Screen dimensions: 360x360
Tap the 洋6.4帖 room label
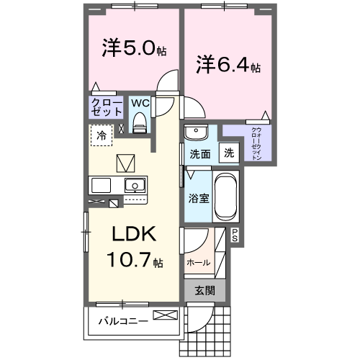pyautogui.click(x=228, y=66)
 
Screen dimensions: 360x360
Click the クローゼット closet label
pyautogui.click(x=105, y=108)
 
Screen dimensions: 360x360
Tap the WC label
pyautogui.click(x=140, y=103)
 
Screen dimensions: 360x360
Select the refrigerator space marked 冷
pyautogui.click(x=102, y=135)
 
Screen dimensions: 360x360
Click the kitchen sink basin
pyautogui.click(x=135, y=185)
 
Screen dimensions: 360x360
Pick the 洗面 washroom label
pyautogui.click(x=199, y=153)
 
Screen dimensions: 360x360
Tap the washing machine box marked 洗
pyautogui.click(x=228, y=153)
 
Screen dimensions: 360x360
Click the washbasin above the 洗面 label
pyautogui.click(x=195, y=132)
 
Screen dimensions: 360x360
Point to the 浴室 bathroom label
pyautogui.click(x=199, y=197)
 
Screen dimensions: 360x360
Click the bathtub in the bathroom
pyautogui.click(x=226, y=196)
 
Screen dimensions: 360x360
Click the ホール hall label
pyautogui.click(x=199, y=263)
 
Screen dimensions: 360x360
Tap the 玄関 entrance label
pyautogui.click(x=204, y=291)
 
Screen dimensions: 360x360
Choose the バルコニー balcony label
pyautogui.click(x=123, y=320)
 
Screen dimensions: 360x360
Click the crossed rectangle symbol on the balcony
pyautogui.click(x=163, y=315)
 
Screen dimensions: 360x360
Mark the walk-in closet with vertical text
pyautogui.click(x=256, y=142)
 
